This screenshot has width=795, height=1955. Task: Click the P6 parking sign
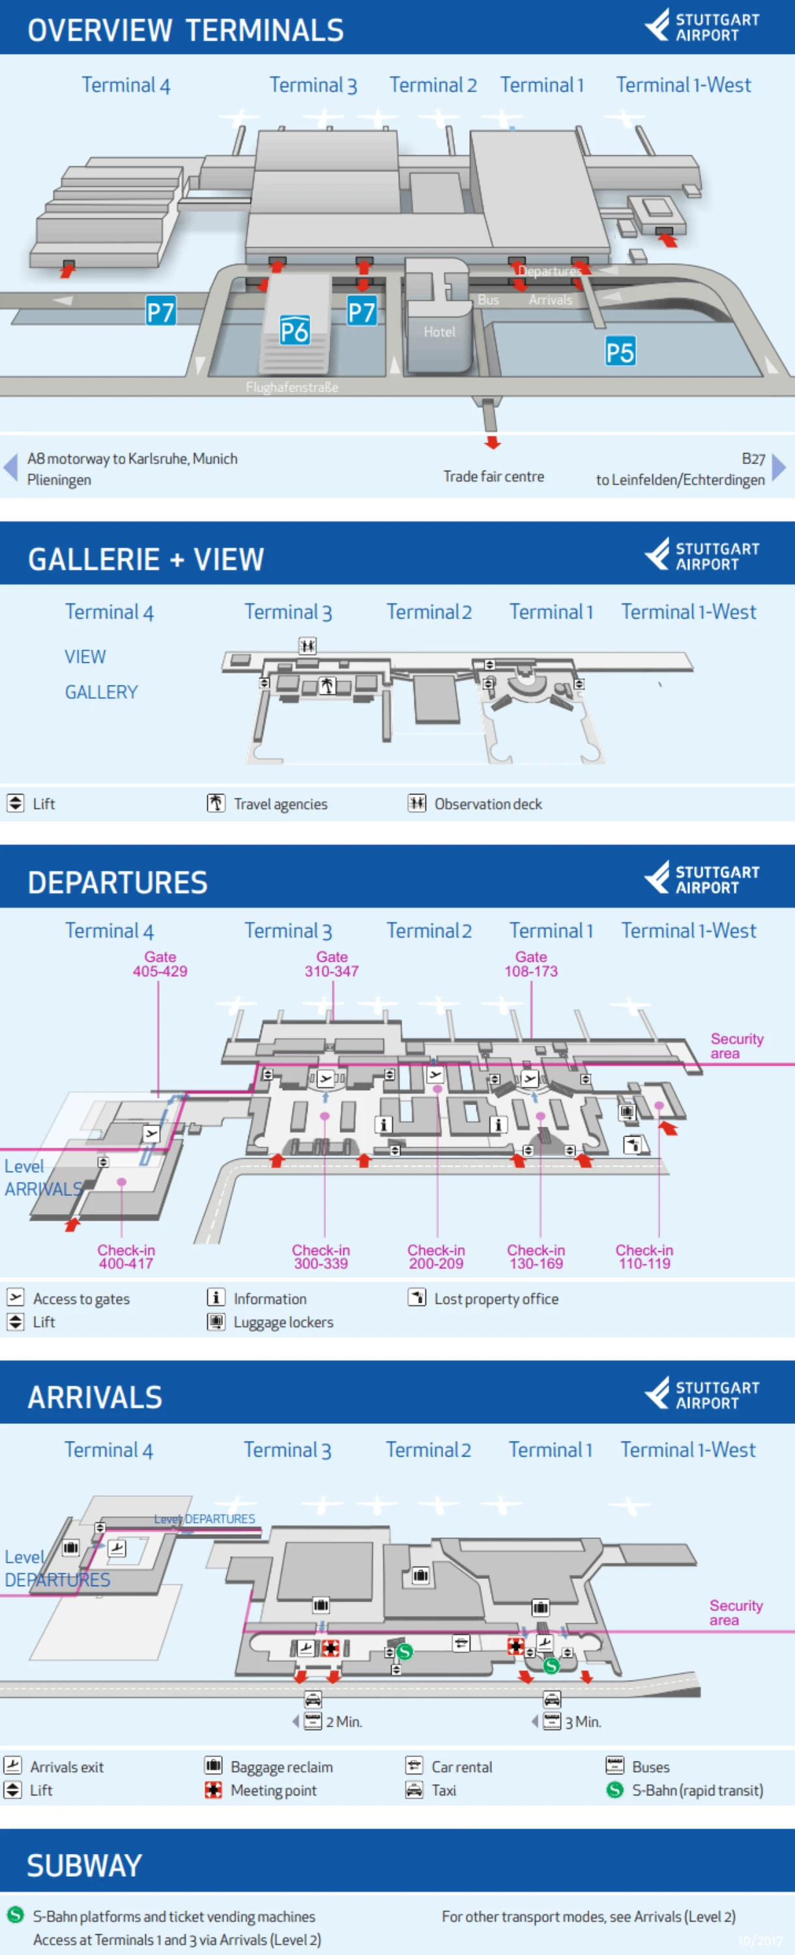295,330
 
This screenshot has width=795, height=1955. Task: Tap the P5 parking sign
620,352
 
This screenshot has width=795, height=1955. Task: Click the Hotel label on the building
439,332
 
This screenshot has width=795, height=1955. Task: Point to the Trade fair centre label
493,476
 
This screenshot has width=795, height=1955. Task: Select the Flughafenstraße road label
292,387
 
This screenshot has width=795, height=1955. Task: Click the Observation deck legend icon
416,803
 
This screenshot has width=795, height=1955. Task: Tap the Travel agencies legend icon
216,803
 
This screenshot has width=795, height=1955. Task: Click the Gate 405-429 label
160,964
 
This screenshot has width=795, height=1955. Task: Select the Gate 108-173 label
531,964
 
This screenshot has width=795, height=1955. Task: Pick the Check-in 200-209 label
436,1257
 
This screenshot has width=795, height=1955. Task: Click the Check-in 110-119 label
644,1257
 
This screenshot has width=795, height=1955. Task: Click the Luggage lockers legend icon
216,1322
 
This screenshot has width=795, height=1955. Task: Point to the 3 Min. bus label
583,1722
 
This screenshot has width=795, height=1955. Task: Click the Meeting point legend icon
214,1790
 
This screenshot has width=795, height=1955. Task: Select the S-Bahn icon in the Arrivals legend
614,1790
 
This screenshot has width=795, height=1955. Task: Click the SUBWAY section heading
84,1866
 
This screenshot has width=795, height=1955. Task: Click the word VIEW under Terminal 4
85,656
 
